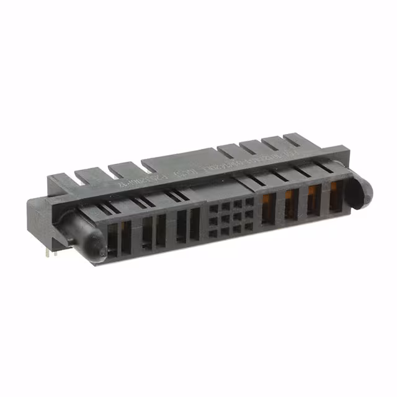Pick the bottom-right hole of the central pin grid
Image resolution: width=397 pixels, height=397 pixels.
(x=249, y=227)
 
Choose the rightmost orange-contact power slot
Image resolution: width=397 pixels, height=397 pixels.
(x=335, y=197)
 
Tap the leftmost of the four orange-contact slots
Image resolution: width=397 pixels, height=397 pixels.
(x=268, y=208)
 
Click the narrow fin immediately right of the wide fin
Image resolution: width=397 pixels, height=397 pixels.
(x=228, y=151)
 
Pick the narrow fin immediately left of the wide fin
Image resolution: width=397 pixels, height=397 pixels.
(x=124, y=169)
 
